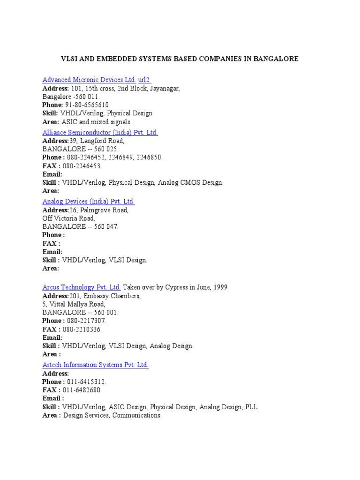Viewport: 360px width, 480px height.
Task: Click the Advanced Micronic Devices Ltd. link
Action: (89, 80)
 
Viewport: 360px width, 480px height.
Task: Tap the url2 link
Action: (144, 80)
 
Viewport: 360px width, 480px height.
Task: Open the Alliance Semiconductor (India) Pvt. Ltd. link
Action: (100, 133)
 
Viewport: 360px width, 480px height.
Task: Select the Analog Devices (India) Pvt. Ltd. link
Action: (88, 202)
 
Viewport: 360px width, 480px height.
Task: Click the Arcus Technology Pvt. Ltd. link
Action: (82, 287)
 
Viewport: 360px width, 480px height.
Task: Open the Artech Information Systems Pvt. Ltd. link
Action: (95, 365)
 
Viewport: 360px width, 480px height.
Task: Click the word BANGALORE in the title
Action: (274, 59)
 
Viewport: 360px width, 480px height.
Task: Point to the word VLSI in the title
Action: (69, 59)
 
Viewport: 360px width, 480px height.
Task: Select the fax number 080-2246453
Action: (82, 166)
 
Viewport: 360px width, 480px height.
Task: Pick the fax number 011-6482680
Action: (82, 390)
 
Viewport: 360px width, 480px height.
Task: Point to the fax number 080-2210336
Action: (82, 329)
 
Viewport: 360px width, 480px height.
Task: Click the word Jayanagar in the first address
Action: (165, 88)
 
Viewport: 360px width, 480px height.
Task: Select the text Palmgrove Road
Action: (105, 210)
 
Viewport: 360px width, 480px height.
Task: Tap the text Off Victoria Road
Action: (68, 218)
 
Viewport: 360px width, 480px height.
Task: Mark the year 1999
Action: (219, 287)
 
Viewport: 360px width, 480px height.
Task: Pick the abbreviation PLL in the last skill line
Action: (251, 407)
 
